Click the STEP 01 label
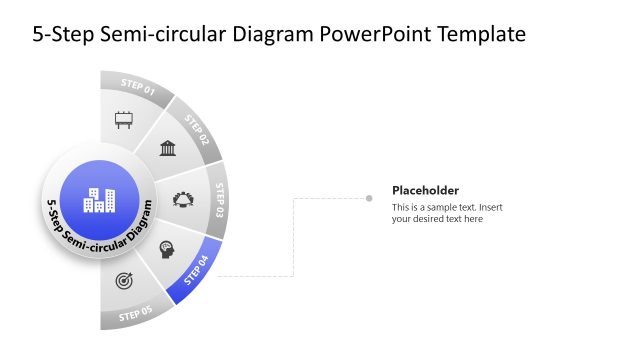[138, 84]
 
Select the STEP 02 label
[196, 130]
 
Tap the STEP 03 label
[221, 199]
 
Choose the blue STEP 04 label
[197, 268]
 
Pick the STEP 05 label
[137, 315]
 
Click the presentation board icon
[124, 120]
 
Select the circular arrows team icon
[185, 199]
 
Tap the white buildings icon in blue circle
[99, 200]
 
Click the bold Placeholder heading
[425, 190]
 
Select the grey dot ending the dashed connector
[369, 198]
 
